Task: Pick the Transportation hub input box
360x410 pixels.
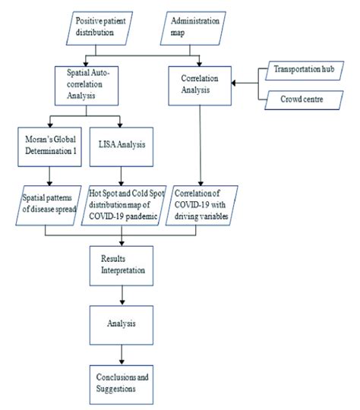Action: click(x=303, y=71)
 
